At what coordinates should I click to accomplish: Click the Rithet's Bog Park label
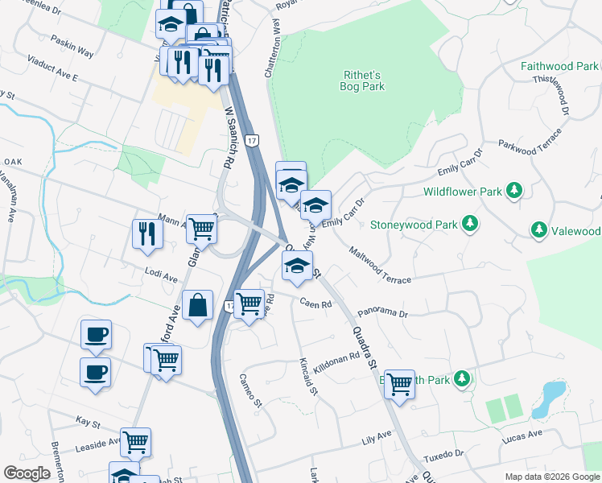[361, 80]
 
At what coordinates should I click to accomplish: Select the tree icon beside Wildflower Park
[513, 192]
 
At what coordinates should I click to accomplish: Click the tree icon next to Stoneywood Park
[469, 224]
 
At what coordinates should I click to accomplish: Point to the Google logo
[27, 473]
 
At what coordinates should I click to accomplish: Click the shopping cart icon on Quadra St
[398, 384]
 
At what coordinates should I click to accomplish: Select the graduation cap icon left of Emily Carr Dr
[316, 204]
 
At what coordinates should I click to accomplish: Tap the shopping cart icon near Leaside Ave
[136, 441]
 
